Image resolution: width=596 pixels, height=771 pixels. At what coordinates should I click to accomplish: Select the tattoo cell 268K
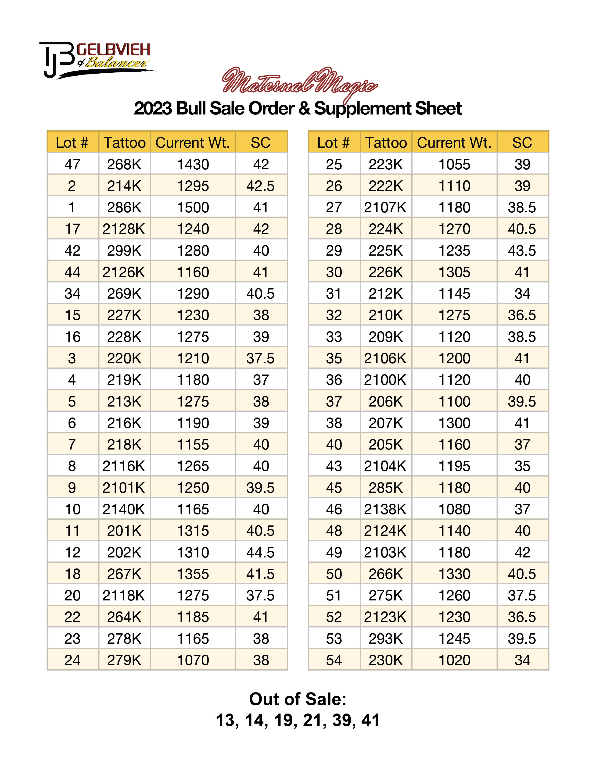click(x=124, y=164)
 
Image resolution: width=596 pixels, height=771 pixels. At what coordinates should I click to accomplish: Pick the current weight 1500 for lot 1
click(x=193, y=207)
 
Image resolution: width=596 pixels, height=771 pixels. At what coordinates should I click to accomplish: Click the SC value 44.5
click(x=261, y=553)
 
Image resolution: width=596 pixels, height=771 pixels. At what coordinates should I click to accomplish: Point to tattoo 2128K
click(x=124, y=229)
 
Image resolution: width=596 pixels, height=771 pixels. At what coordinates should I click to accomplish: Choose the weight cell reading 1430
click(x=193, y=164)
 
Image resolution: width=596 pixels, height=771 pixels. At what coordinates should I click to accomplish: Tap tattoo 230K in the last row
click(x=386, y=660)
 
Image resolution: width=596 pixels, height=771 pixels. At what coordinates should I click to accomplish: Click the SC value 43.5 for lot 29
click(x=522, y=251)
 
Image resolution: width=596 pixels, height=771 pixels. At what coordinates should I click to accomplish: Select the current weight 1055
click(x=454, y=164)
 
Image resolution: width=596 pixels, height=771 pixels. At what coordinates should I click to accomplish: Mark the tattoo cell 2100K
click(x=386, y=380)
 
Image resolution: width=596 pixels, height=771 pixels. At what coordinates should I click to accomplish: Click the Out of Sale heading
click(x=298, y=699)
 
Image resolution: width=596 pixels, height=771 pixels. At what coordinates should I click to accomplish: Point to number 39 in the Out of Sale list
click(x=342, y=721)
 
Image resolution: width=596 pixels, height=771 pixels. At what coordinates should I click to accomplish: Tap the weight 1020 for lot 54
click(x=454, y=660)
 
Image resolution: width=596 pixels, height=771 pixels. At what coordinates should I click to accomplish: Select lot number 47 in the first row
click(x=72, y=164)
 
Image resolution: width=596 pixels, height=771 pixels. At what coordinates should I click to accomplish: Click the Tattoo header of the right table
click(x=386, y=143)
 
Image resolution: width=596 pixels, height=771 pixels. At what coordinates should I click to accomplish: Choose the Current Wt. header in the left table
click(x=193, y=143)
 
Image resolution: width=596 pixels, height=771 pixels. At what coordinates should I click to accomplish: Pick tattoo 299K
click(x=124, y=251)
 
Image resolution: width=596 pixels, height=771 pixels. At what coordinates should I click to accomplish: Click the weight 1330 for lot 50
click(x=454, y=574)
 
